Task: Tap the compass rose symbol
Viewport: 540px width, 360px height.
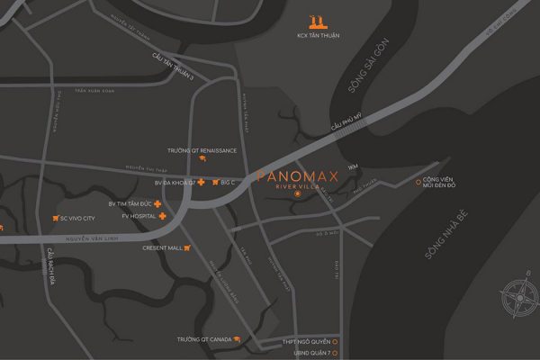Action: [x=517, y=296]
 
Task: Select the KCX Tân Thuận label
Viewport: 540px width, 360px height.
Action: [x=315, y=37]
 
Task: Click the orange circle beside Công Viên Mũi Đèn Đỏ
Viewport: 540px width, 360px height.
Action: [x=418, y=183]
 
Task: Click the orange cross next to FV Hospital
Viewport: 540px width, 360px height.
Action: [x=163, y=217]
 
